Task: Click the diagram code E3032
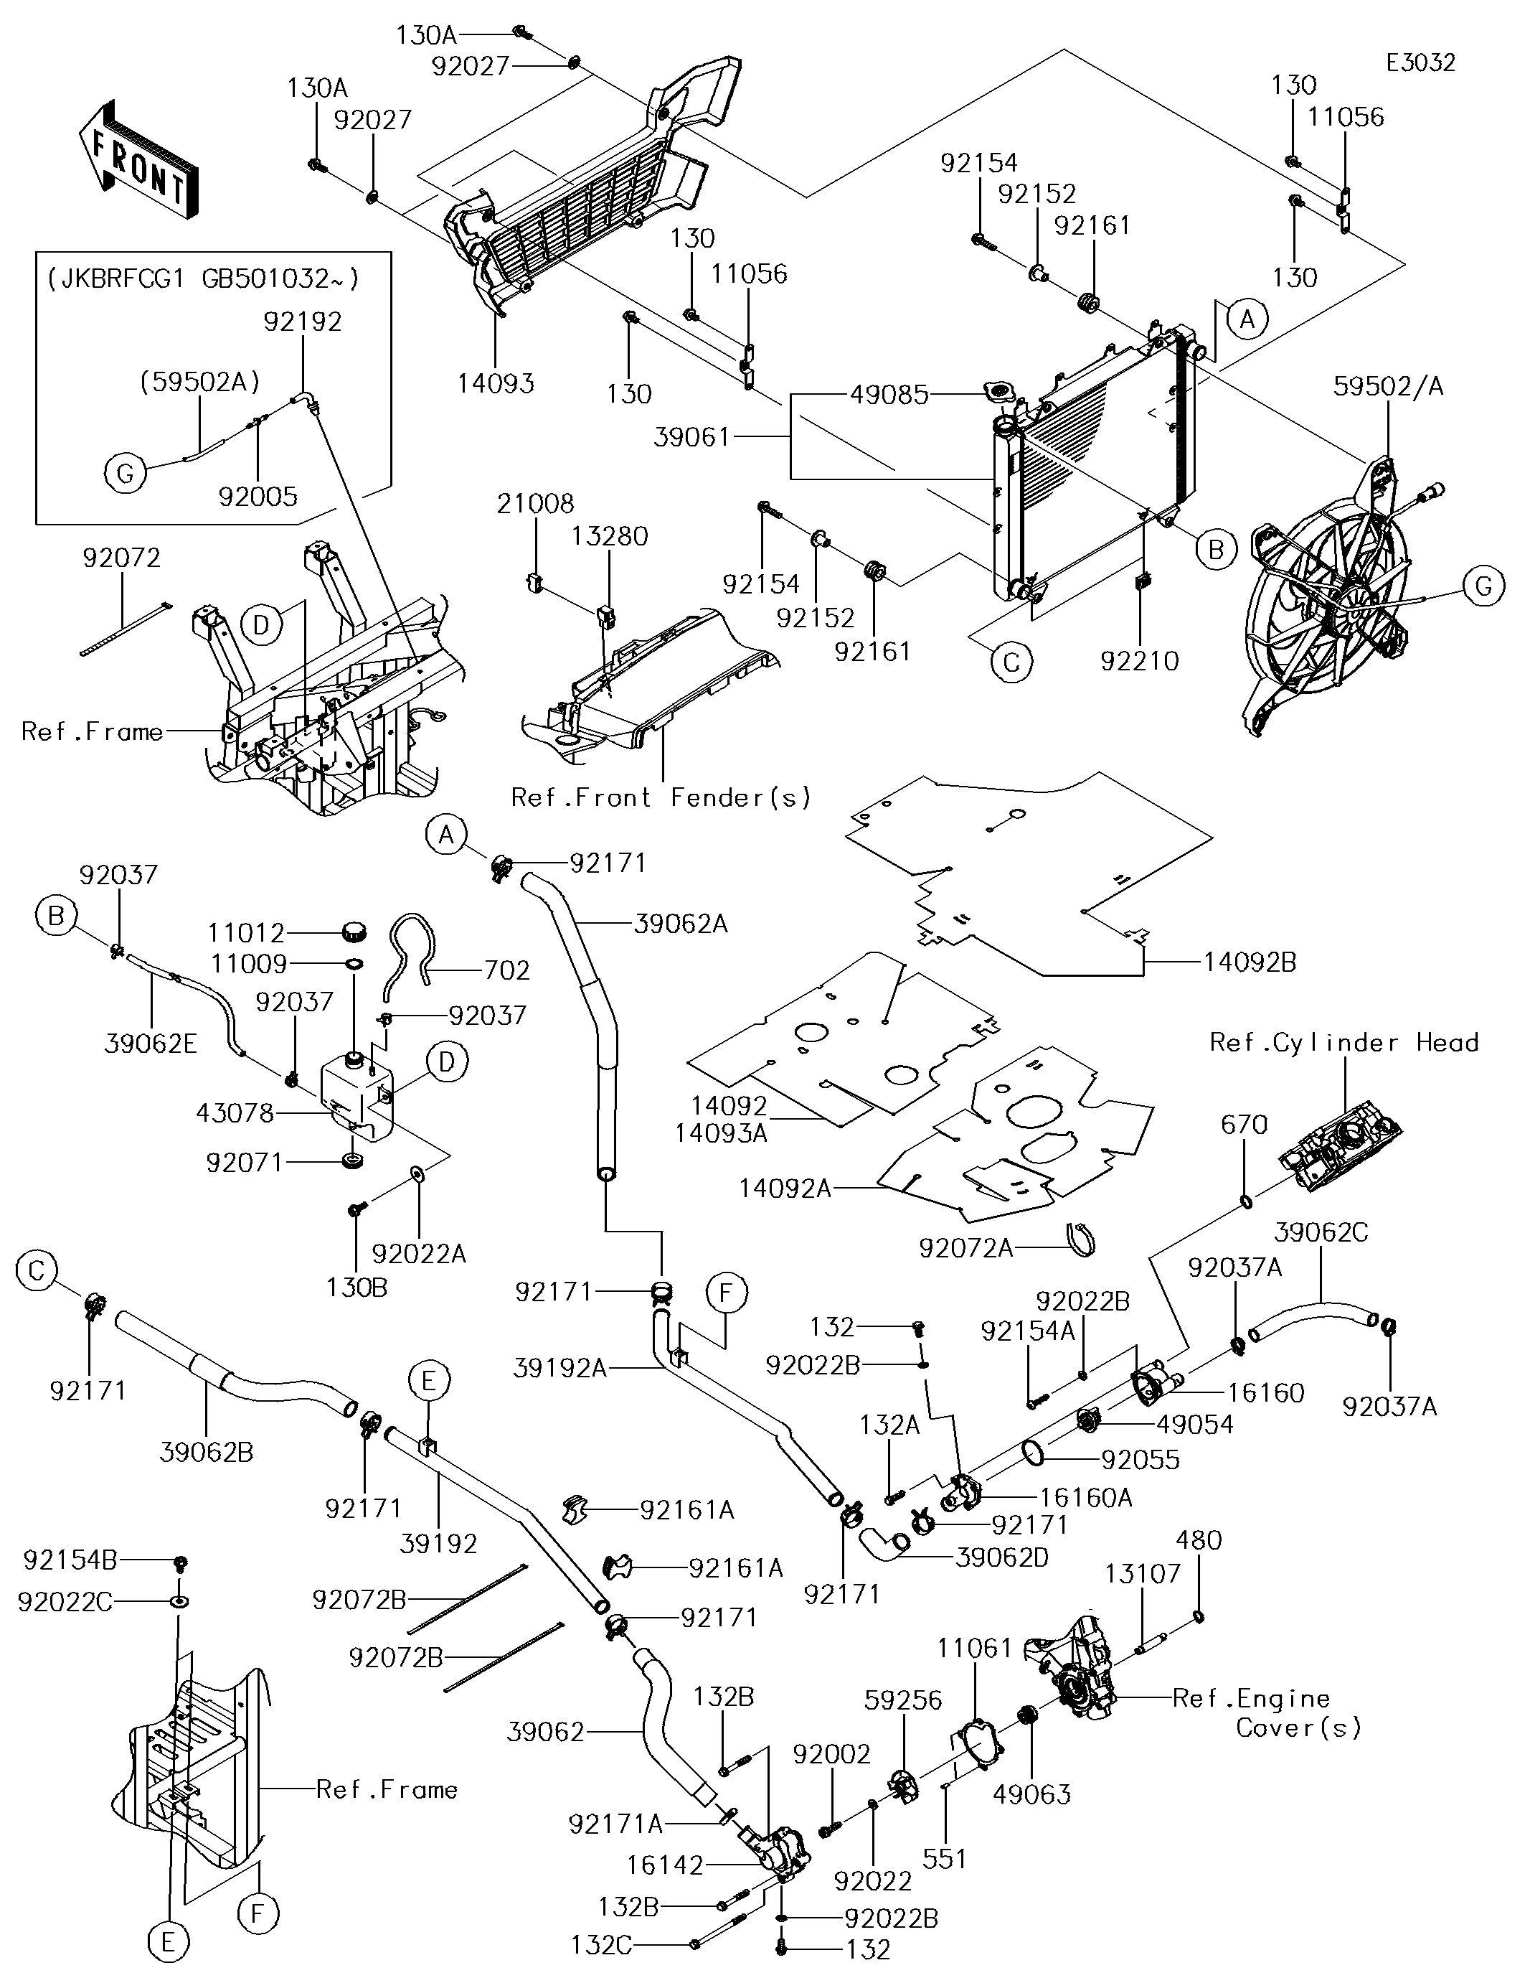1420,62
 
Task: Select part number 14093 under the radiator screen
495,383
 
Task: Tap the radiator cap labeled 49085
999,394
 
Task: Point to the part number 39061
691,438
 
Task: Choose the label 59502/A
1388,387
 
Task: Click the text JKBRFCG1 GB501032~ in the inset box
203,278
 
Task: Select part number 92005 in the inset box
258,497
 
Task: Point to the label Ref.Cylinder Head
1344,1042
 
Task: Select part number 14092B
1250,962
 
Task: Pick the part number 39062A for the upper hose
681,924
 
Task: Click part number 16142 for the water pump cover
664,1866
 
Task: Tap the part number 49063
1031,1794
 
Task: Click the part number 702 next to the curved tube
507,970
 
